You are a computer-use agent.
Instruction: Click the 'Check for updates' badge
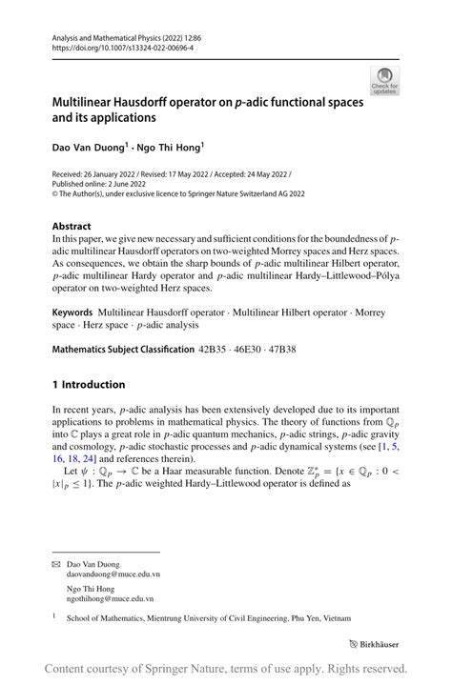(x=387, y=80)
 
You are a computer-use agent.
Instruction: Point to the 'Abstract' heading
(x=72, y=228)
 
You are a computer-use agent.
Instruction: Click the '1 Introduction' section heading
(x=89, y=384)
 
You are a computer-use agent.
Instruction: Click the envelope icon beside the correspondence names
(x=56, y=564)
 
